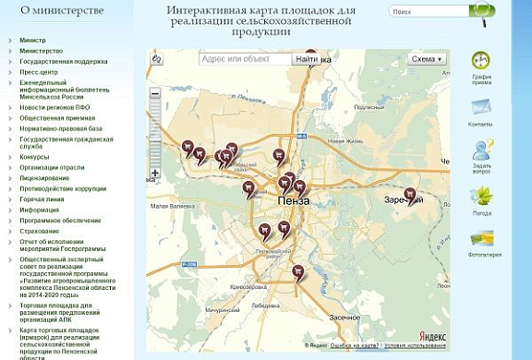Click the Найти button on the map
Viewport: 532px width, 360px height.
(306, 59)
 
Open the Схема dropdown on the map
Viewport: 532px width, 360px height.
(427, 59)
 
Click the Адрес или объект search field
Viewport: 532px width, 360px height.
(245, 59)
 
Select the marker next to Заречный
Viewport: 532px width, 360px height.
(411, 196)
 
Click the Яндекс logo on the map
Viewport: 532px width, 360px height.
(432, 337)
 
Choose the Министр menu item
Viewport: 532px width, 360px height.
(32, 42)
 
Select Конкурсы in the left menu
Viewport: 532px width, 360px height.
(34, 157)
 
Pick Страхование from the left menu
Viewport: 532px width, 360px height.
(40, 231)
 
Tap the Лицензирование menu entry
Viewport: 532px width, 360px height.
(44, 177)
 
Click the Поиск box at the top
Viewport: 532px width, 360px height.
(427, 13)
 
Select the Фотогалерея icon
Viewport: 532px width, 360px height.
(480, 239)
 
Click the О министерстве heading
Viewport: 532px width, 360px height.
(55, 11)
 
